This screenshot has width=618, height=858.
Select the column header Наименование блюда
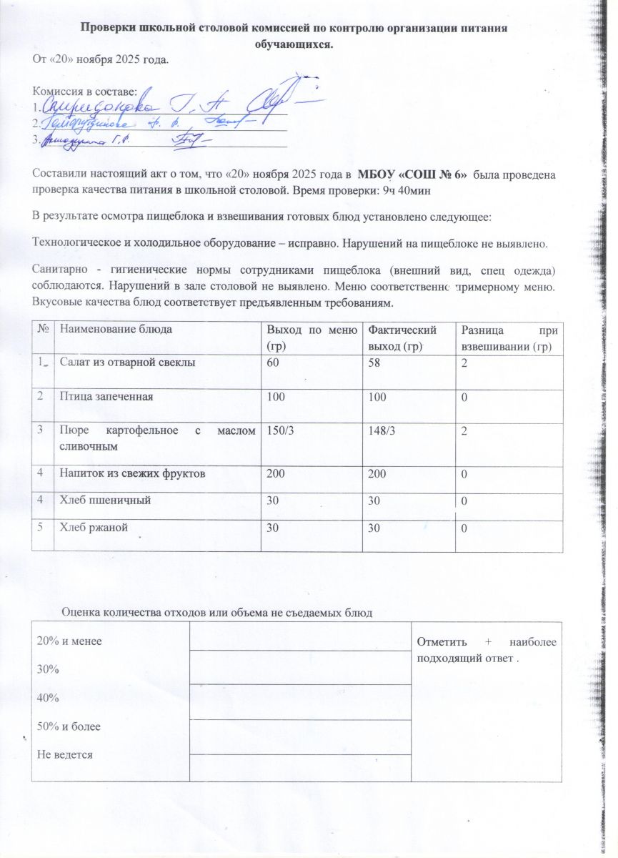[116, 330]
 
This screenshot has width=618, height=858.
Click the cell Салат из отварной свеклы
[128, 363]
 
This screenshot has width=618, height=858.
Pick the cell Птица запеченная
[106, 395]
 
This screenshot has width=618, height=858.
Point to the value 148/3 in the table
[382, 429]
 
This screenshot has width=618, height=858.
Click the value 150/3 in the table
[279, 429]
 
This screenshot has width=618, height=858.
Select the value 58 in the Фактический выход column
[373, 363]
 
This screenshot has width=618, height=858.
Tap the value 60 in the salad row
[272, 363]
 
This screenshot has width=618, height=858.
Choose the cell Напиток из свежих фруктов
[134, 473]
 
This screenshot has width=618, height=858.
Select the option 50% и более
[69, 726]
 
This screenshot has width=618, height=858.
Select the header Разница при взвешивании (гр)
[509, 337]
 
